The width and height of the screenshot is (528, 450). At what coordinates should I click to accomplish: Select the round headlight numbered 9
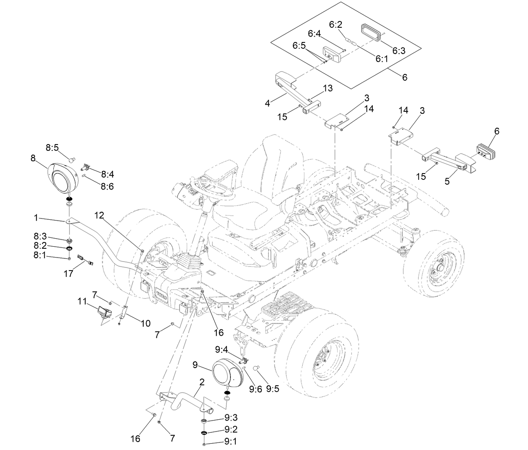click(227, 372)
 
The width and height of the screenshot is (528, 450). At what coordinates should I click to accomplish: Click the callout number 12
click(99, 215)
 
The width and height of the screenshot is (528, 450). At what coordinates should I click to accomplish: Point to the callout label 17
click(69, 274)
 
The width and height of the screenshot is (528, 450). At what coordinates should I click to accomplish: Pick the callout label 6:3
click(399, 50)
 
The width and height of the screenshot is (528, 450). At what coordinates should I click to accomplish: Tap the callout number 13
click(328, 88)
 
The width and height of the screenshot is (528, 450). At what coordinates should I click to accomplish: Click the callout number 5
click(447, 182)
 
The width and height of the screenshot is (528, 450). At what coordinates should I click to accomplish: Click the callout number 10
click(145, 324)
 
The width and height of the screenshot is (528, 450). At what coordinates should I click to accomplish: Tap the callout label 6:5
click(300, 45)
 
